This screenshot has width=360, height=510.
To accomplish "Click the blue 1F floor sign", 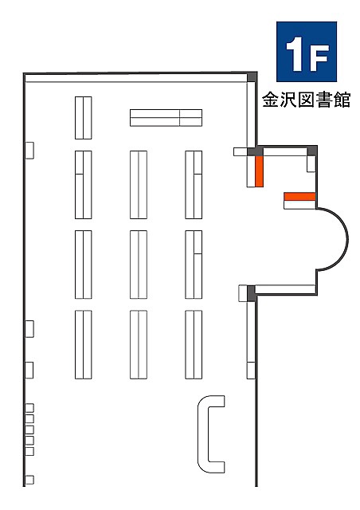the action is [x=307, y=52].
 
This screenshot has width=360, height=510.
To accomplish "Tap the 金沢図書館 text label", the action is [x=307, y=100].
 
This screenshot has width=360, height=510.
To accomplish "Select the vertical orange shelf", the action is [x=259, y=171].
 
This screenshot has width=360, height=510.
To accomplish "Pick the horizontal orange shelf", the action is [x=299, y=197].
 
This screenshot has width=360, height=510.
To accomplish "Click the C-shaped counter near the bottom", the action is [x=202, y=433].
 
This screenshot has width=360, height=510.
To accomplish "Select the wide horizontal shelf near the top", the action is [x=166, y=118].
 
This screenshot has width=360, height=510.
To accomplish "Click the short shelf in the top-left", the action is [x=84, y=118].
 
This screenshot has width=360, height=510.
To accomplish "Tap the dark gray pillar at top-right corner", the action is [x=252, y=77].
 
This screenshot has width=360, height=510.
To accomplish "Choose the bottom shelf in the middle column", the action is [x=139, y=344].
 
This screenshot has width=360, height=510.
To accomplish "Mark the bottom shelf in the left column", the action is [x=84, y=344].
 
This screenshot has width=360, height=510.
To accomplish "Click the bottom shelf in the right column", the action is [x=194, y=344].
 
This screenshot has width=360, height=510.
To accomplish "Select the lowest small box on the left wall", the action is [x=29, y=480].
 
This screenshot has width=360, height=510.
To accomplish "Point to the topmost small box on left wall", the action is [x=29, y=151].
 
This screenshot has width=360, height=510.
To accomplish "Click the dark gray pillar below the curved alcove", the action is [x=251, y=293].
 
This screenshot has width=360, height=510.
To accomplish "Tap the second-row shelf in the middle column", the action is [x=139, y=185].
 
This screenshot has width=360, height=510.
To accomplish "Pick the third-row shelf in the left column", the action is [x=84, y=265].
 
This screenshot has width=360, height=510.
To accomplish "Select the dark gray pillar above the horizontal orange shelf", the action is [x=312, y=151].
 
